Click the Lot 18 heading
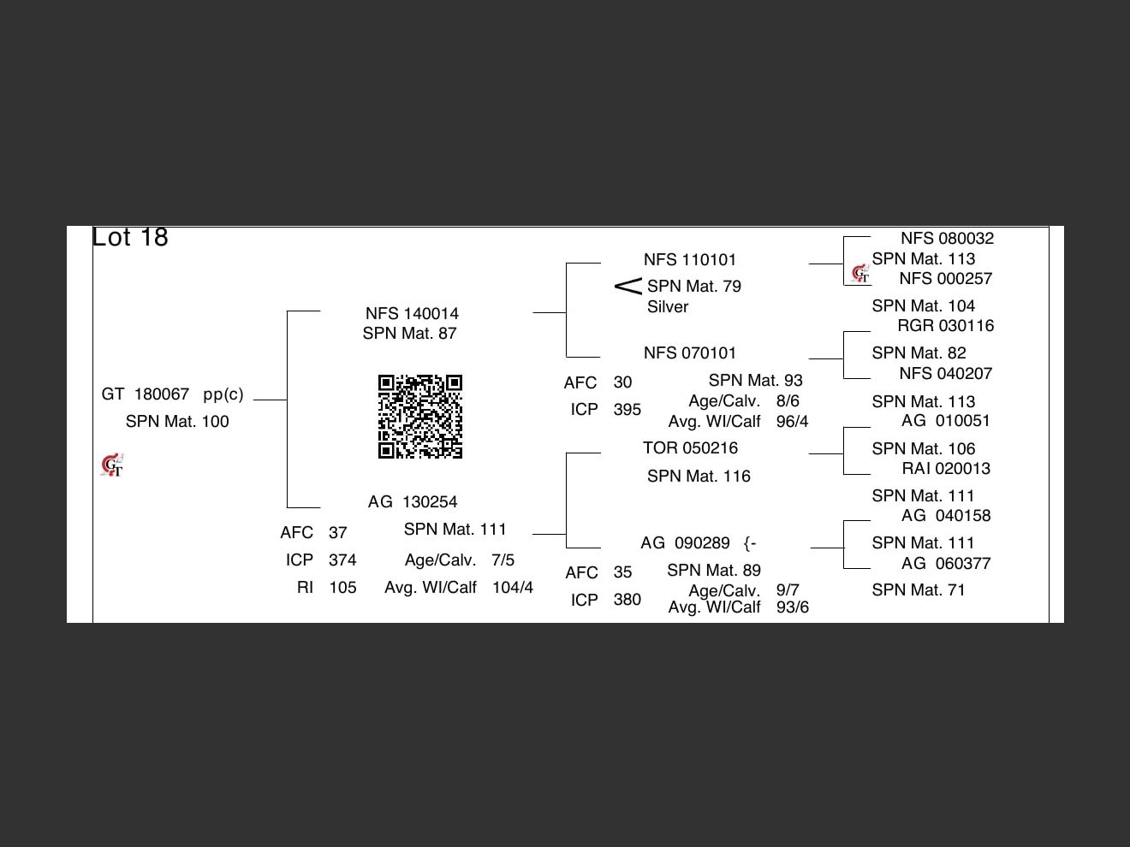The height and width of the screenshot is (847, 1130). (130, 237)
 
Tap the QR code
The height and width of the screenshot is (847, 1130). (420, 417)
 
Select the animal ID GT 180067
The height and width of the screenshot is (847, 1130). (146, 394)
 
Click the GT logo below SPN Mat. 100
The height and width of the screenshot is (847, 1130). (112, 465)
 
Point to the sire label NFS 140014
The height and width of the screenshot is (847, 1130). (412, 314)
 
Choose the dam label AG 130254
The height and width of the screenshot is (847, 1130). (413, 502)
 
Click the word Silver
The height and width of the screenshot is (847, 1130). (668, 307)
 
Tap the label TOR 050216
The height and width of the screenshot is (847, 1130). (690, 448)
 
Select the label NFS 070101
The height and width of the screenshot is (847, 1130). (690, 353)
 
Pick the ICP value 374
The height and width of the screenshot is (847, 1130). (342, 560)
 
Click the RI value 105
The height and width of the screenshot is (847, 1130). (342, 588)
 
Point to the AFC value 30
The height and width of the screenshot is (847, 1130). (622, 382)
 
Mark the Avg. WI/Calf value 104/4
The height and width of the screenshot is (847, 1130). (512, 588)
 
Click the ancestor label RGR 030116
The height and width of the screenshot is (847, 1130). (945, 326)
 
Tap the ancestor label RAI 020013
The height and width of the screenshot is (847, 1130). (946, 469)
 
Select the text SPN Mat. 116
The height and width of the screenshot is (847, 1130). (699, 477)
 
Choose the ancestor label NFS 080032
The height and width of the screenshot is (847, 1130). (947, 239)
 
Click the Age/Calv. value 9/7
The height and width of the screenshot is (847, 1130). (788, 590)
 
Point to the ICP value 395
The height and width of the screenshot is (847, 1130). (627, 410)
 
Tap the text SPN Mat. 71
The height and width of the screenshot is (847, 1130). (918, 590)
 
